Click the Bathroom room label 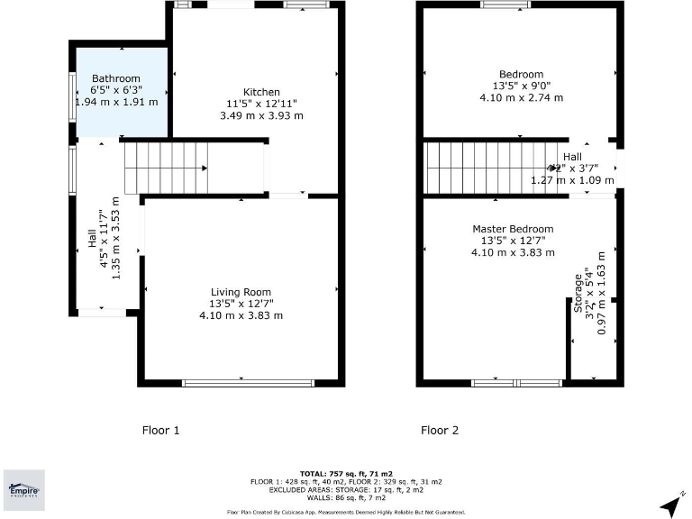[x=116, y=78]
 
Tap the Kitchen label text [x=261, y=92]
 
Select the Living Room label [x=241, y=292]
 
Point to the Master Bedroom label [x=513, y=229]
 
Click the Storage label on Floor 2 [x=578, y=294]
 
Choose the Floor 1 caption [x=161, y=431]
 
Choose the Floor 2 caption [x=440, y=431]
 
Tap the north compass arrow [x=671, y=505]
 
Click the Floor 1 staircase [x=166, y=168]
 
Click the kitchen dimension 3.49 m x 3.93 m [x=261, y=115]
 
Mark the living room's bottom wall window [x=241, y=383]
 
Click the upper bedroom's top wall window [x=505, y=5]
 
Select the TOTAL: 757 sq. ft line [x=346, y=473]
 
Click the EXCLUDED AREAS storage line [x=346, y=489]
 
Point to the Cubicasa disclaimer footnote [x=346, y=512]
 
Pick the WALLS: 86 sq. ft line [x=346, y=497]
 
